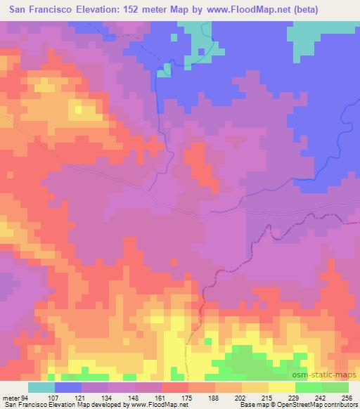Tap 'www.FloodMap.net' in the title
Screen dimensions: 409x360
click(x=231, y=10)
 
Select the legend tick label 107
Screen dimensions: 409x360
click(x=53, y=397)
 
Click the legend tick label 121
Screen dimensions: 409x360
click(x=80, y=397)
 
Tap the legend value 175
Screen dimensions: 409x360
click(x=186, y=397)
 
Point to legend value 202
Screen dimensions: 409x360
click(x=240, y=397)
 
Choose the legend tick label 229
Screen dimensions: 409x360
click(x=293, y=397)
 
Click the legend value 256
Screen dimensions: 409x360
click(x=347, y=397)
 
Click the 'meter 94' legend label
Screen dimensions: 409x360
click(x=15, y=397)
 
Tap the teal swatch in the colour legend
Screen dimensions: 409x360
click(x=41, y=387)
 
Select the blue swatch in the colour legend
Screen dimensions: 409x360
click(x=68, y=387)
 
